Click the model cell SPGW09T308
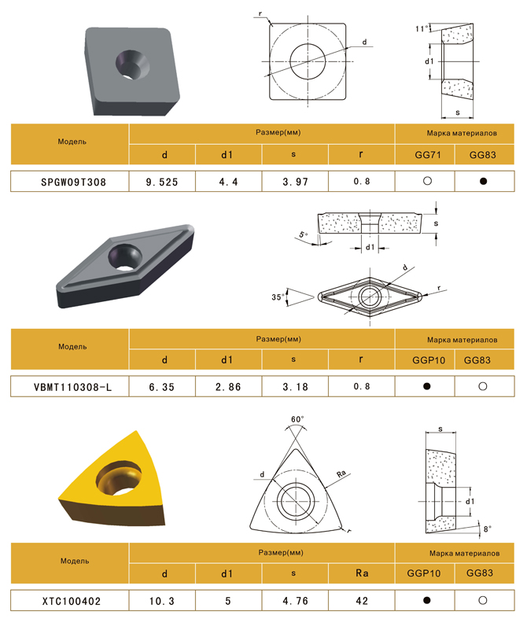coord(73,182)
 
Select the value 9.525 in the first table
coord(162,182)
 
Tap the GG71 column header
coord(428,155)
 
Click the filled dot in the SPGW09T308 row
coord(483,181)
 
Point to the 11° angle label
coord(422,28)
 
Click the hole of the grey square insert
coord(132,64)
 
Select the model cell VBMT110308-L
coord(72,387)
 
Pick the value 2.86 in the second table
coord(228,387)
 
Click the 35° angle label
coord(278,297)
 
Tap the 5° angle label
coord(304,234)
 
